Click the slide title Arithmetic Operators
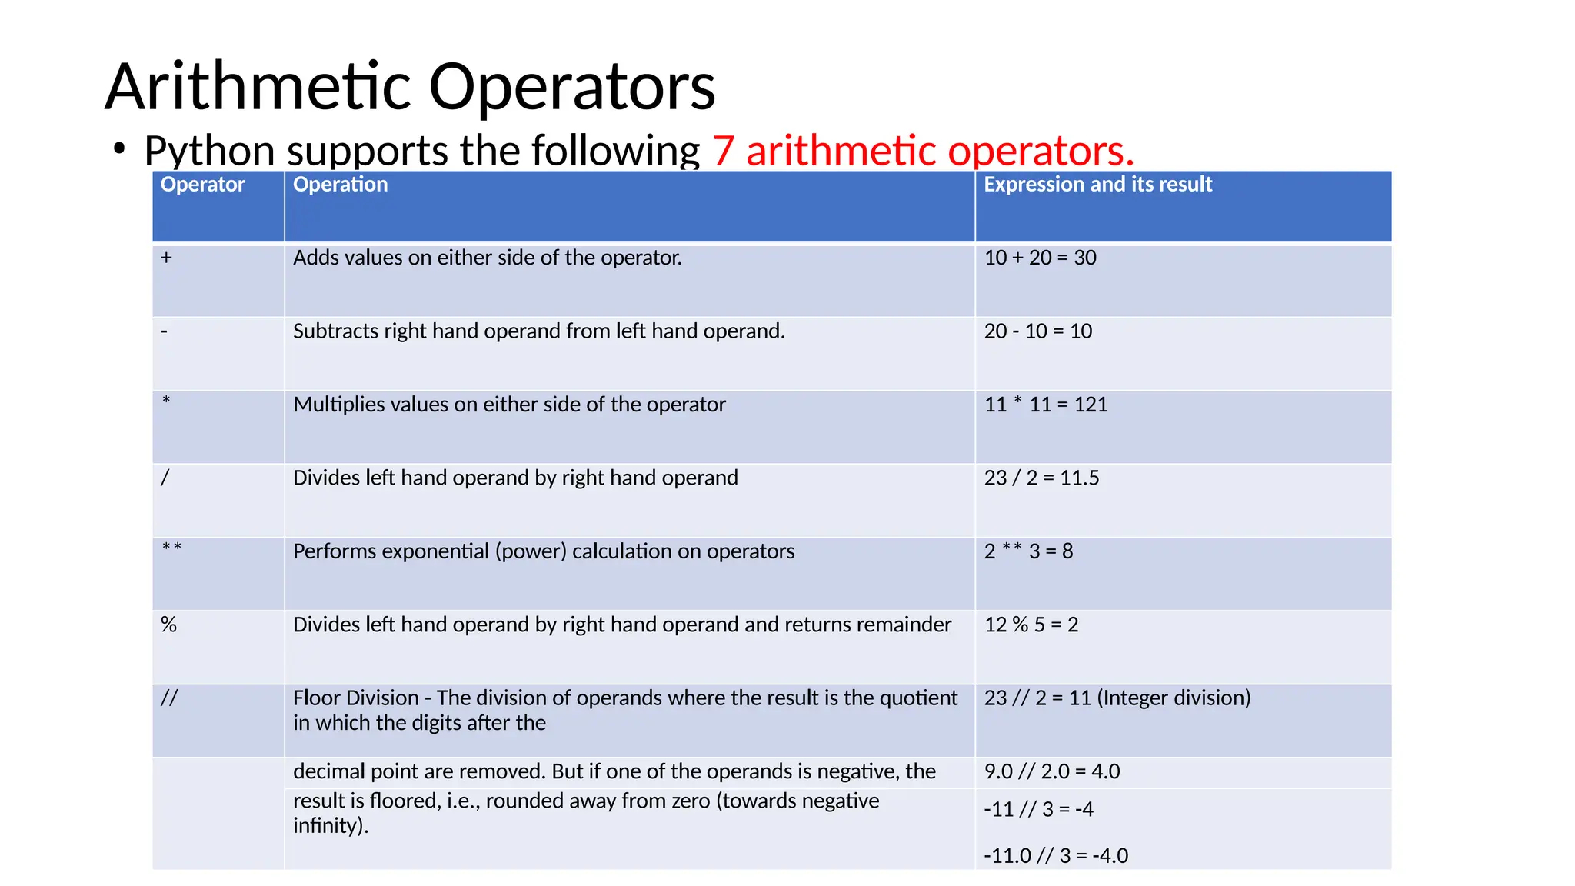(410, 86)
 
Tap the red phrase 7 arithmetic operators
(923, 150)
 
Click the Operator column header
(202, 185)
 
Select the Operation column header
(340, 185)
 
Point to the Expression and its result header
(1097, 185)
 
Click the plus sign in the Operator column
(166, 258)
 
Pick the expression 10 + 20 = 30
(1040, 258)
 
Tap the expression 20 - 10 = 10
(1037, 331)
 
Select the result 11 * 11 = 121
(1046, 405)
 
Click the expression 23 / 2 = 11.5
(1041, 478)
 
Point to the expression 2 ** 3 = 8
(1028, 551)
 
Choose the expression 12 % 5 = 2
(1031, 625)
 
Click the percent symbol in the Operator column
(168, 625)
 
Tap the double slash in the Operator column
(169, 698)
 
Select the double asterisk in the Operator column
(171, 548)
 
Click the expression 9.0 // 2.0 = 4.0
(1051, 771)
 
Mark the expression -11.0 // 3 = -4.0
(1056, 855)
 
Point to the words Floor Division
(355, 698)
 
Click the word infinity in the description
(329, 826)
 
